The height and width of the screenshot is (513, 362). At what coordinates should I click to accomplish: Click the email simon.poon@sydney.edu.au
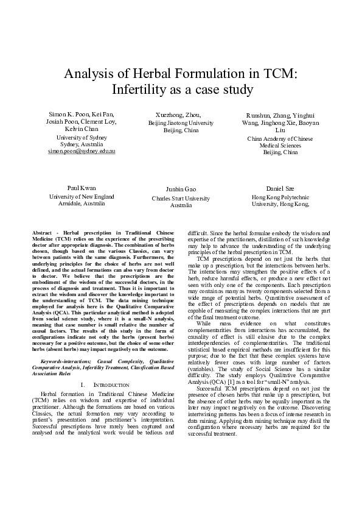point(82,150)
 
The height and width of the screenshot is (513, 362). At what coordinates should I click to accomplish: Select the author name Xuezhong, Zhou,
point(181,115)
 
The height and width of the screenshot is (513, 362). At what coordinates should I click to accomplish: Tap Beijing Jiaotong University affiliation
point(181,122)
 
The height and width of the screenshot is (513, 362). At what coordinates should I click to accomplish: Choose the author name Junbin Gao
point(181,189)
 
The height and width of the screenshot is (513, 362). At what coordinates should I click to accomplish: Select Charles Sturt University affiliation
point(181,198)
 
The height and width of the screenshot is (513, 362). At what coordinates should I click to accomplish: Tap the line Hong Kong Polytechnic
point(280,197)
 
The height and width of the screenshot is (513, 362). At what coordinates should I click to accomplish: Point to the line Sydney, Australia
point(82,144)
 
